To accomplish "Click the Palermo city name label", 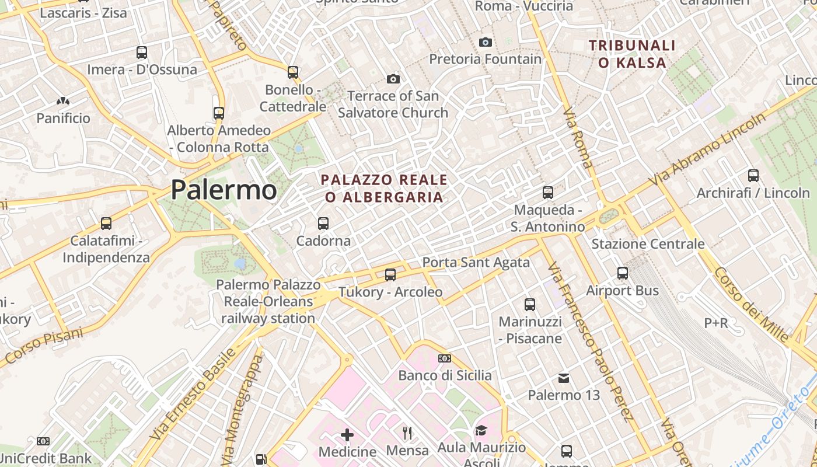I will tap(224, 190).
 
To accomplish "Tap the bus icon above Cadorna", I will tap(323, 223).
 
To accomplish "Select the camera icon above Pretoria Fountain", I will tap(485, 42).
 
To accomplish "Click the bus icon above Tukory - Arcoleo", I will tap(390, 274).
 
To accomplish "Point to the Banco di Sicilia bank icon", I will tap(445, 358).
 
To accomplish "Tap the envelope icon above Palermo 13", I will tap(564, 378).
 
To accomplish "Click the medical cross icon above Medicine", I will tap(347, 434).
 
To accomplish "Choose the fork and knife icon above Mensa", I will tap(407, 433).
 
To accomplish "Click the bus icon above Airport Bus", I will tap(623, 273).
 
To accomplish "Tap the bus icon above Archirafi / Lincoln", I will tap(753, 175).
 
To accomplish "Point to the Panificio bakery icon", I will tap(63, 101).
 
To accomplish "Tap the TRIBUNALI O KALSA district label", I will tap(632, 54).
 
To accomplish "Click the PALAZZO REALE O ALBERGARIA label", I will tap(385, 188).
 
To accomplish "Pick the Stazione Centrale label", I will tap(648, 244).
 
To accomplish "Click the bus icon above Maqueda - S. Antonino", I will tap(547, 192).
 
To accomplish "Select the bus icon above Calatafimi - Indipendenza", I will tap(106, 223).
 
